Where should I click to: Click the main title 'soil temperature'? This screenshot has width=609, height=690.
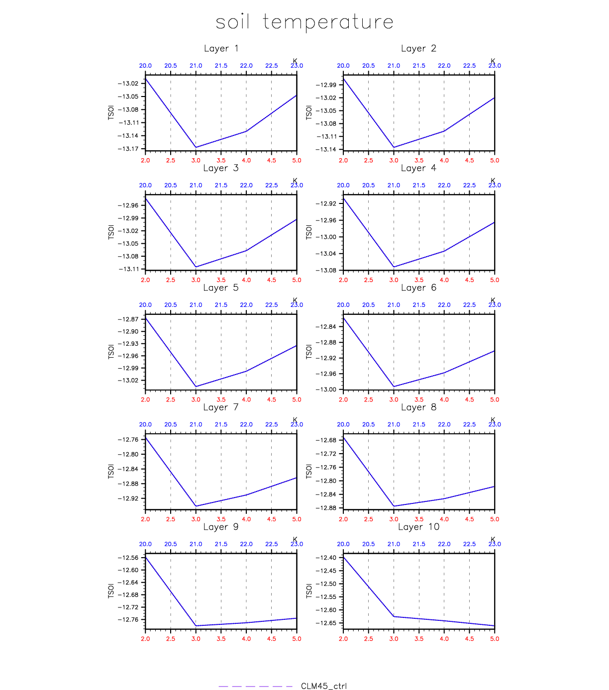(304, 22)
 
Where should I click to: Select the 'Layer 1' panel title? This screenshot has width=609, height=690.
(221, 48)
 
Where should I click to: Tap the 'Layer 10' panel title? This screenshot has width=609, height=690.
(418, 527)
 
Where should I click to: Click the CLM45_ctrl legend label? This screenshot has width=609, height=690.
(323, 686)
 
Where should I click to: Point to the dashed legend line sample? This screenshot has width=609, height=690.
(255, 687)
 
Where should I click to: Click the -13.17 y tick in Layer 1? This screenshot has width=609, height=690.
(128, 149)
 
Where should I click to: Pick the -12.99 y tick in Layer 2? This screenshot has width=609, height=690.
(326, 85)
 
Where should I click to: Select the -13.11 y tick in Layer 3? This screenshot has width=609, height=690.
(128, 269)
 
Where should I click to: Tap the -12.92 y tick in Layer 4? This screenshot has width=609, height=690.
(326, 203)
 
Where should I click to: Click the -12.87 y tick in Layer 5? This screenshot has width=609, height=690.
(128, 319)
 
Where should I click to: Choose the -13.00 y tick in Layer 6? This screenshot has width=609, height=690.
(326, 390)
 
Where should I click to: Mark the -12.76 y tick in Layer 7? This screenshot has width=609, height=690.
(128, 440)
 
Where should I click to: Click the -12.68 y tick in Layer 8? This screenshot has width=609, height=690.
(326, 440)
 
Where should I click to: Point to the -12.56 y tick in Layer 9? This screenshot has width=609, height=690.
(128, 558)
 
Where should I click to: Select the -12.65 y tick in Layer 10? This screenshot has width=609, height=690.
(326, 623)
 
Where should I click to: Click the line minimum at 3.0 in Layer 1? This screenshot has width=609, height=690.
(196, 147)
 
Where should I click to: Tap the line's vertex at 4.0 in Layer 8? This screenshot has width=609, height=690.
(444, 498)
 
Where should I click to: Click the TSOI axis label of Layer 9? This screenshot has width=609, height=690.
(111, 591)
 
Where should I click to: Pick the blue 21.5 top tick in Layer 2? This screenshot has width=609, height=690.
(419, 66)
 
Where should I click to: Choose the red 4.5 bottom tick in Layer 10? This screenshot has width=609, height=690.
(469, 639)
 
